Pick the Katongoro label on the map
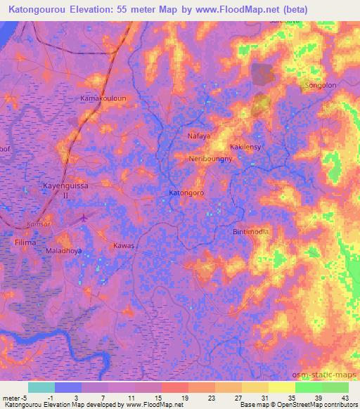pos(187,192)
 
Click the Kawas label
pos(123,246)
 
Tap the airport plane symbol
pos(85,218)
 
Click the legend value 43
pos(345,398)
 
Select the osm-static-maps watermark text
pos(330,372)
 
